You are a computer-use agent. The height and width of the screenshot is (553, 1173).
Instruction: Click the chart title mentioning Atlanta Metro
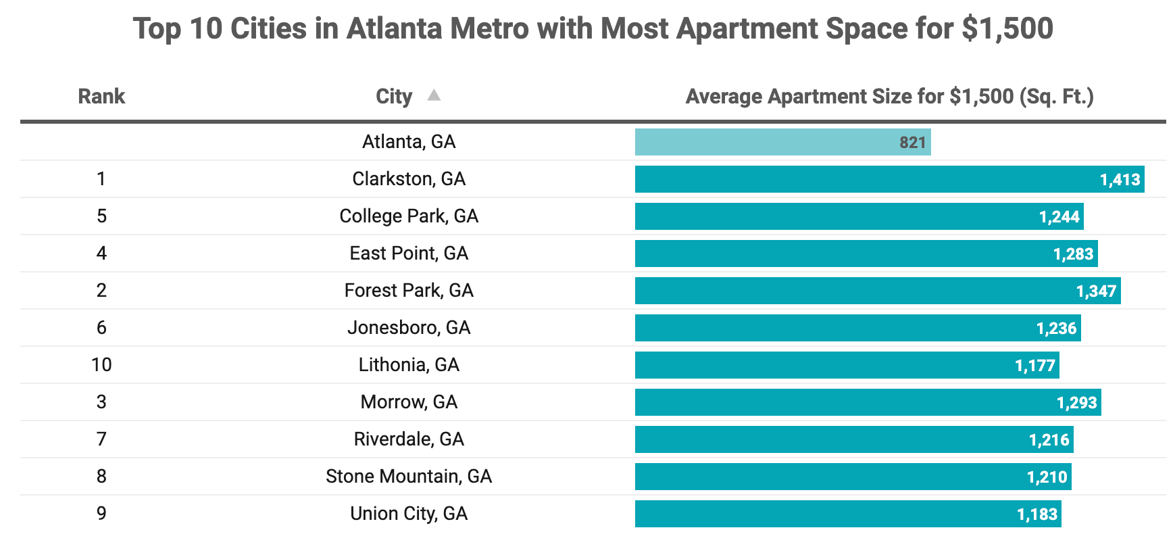(593, 29)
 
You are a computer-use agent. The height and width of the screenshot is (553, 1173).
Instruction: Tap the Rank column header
(101, 97)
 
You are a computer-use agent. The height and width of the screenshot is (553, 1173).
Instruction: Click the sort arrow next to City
(434, 95)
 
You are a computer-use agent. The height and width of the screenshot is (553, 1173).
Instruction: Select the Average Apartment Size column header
(890, 97)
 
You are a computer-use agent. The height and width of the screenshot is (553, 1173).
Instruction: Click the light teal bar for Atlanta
(782, 142)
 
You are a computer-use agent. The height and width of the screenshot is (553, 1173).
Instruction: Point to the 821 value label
(912, 143)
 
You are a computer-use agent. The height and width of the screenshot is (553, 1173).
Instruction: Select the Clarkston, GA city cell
(409, 179)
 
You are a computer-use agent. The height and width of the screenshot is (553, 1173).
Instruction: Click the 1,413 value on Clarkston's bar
(1120, 180)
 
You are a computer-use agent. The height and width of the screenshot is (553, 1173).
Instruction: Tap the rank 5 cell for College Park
(101, 216)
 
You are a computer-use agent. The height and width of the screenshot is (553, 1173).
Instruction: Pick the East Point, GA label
(409, 254)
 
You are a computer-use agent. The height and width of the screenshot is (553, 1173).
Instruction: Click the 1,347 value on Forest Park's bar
(1096, 291)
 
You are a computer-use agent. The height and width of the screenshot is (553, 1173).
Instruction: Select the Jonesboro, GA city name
(409, 328)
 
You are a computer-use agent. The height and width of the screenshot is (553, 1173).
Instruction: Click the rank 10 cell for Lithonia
(101, 365)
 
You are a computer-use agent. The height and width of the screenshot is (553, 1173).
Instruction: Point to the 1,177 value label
(1034, 366)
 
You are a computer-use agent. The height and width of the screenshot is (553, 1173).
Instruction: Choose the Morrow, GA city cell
(409, 402)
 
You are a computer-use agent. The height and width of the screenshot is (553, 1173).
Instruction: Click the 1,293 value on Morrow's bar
(1076, 403)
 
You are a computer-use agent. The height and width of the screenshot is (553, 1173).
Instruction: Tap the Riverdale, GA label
(409, 439)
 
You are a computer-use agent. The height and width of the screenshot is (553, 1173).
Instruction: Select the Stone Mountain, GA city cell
(409, 477)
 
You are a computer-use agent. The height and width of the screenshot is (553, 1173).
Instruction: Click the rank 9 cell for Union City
(101, 514)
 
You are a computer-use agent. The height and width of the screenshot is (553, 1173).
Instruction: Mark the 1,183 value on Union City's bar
(1037, 514)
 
